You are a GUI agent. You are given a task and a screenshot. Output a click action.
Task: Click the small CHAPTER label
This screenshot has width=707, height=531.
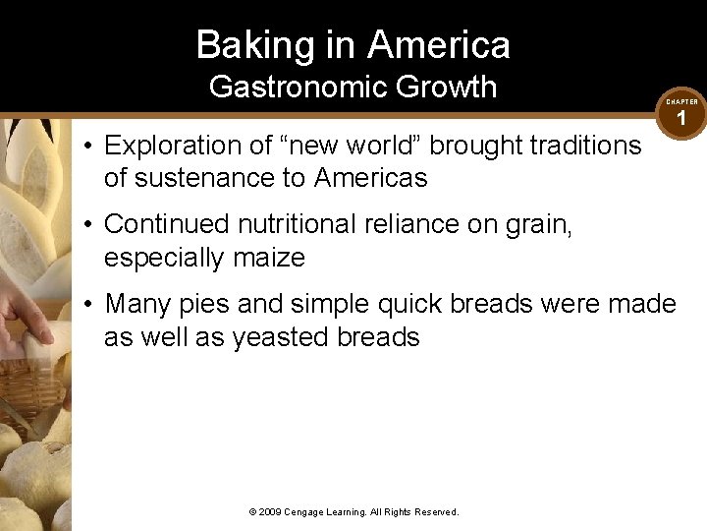pyautogui.click(x=682, y=101)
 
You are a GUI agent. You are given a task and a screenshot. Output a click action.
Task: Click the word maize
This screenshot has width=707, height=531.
pyautogui.click(x=268, y=258)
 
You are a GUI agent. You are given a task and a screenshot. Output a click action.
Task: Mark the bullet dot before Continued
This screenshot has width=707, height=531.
pyautogui.click(x=88, y=225)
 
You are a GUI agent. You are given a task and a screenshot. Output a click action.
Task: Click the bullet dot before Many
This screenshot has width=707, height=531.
pyautogui.click(x=88, y=304)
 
